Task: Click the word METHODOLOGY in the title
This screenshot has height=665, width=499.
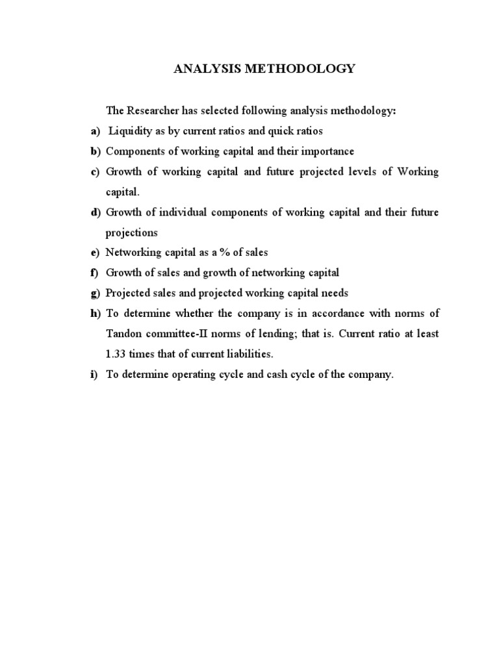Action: (305, 69)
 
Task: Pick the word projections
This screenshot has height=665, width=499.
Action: (132, 232)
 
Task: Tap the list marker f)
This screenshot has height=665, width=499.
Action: (95, 273)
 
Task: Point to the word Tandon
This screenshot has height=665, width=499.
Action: (125, 334)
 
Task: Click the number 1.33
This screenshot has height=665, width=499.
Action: (118, 354)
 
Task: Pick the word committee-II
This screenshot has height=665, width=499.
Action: (183, 334)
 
